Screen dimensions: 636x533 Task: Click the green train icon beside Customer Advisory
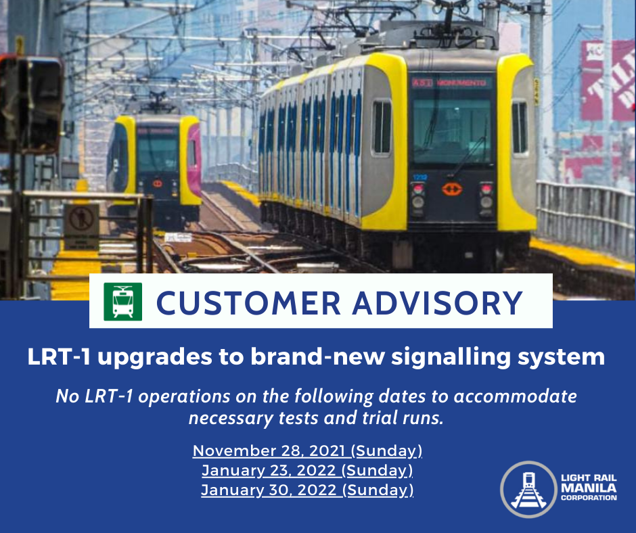pyautogui.click(x=123, y=302)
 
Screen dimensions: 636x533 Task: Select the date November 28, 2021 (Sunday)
pyautogui.click(x=307, y=450)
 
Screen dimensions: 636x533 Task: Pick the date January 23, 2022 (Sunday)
pyautogui.click(x=307, y=470)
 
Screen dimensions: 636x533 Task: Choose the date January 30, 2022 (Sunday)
pyautogui.click(x=307, y=490)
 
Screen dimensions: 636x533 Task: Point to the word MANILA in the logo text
pyautogui.click(x=589, y=487)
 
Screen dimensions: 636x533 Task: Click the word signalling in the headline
pyautogui.click(x=451, y=357)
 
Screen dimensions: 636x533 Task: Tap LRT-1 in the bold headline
pyautogui.click(x=59, y=356)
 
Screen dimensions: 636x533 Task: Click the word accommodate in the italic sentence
pyautogui.click(x=515, y=396)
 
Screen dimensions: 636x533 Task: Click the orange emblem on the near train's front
pyautogui.click(x=452, y=189)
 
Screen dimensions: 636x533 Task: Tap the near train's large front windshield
pyautogui.click(x=451, y=131)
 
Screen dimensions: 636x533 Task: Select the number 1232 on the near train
pyautogui.click(x=420, y=177)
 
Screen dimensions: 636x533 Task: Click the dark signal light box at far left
pyautogui.click(x=31, y=103)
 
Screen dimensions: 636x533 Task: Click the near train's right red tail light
pyautogui.click(x=486, y=189)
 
